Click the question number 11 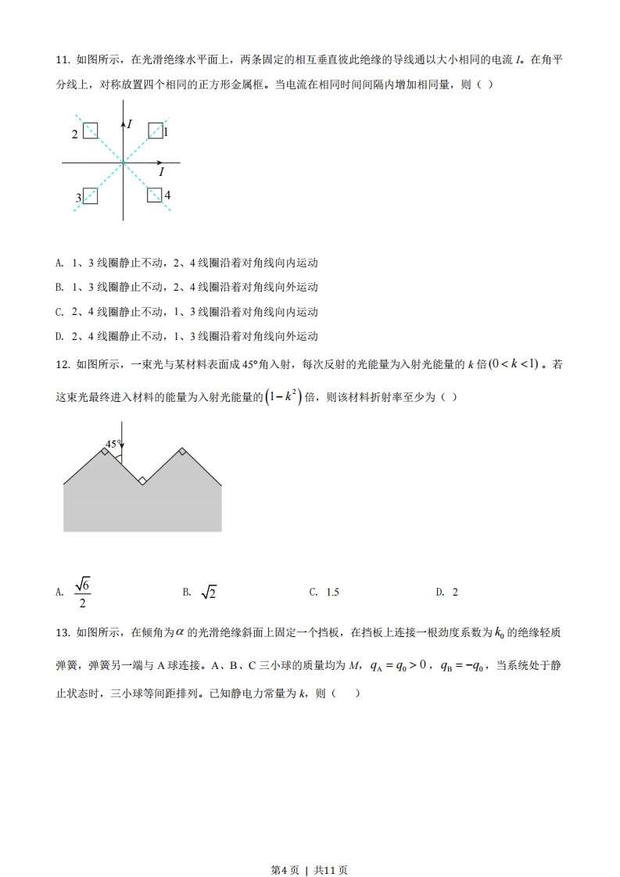(62, 59)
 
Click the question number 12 (62, 363)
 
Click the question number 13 (62, 632)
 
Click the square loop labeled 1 (156, 130)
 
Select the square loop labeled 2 (90, 130)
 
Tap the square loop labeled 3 (90, 195)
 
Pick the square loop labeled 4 (156, 195)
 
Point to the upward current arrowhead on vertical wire (123, 122)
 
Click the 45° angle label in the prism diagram (113, 444)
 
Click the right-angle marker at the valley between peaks (142, 481)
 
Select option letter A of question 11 (59, 263)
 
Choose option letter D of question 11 (59, 336)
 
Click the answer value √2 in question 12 (209, 592)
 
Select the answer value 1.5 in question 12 (332, 592)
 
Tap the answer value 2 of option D (455, 592)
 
